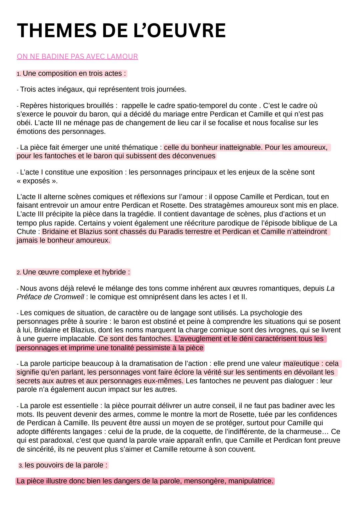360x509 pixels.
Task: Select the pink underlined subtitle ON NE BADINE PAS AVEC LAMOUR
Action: point(77,57)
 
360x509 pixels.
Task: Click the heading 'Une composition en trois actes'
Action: point(74,73)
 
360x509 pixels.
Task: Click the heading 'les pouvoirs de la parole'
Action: point(66,465)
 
